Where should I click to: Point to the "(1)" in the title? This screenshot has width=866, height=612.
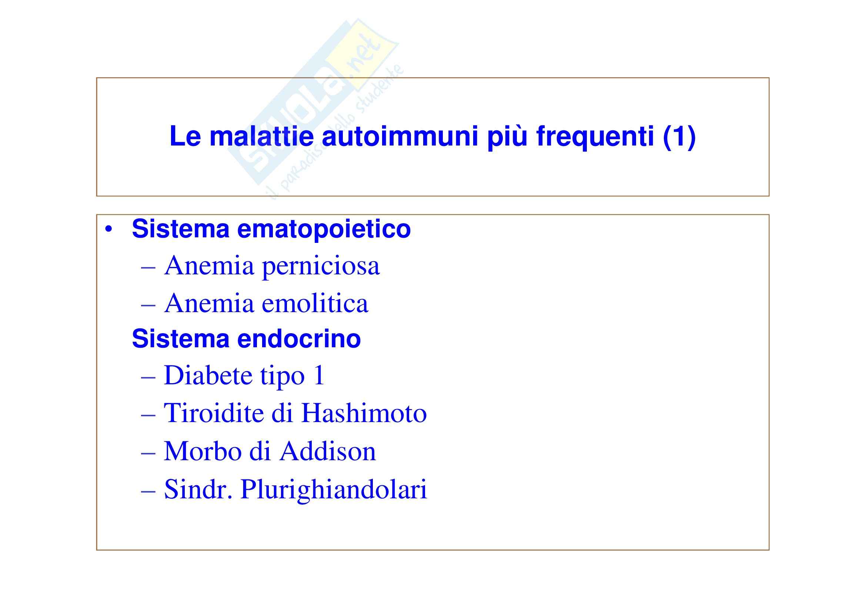pyautogui.click(x=679, y=137)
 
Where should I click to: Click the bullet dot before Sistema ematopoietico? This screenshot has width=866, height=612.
pyautogui.click(x=109, y=230)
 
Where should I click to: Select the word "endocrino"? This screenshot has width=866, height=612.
pyautogui.click(x=299, y=339)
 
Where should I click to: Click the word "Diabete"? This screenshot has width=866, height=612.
pyautogui.click(x=208, y=375)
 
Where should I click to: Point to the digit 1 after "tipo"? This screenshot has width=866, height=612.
pyautogui.click(x=318, y=375)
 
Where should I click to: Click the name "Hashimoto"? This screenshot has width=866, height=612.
pyautogui.click(x=364, y=412)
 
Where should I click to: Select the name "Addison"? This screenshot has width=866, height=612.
pyautogui.click(x=328, y=451)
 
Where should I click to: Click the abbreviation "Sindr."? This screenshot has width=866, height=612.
pyautogui.click(x=198, y=489)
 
